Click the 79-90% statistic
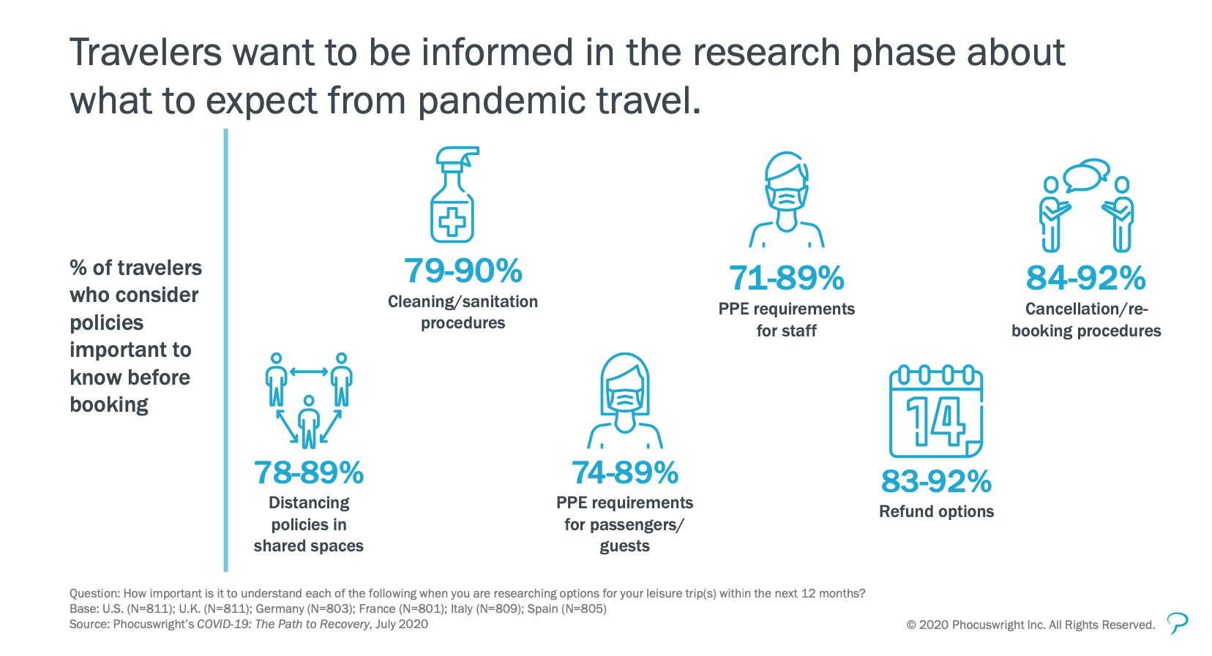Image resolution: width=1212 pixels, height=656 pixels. [x=463, y=271]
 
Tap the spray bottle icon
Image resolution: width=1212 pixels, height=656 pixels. [x=454, y=195]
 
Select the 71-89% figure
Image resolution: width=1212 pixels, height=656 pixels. [x=786, y=278]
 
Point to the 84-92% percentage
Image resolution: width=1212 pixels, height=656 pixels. [x=1086, y=278]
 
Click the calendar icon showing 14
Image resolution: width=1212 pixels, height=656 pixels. [x=936, y=412]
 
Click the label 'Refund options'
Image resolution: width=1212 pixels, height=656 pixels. [x=936, y=511]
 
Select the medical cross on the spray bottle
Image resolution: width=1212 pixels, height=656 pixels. [x=452, y=221]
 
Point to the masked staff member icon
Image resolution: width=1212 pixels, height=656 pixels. [x=787, y=200]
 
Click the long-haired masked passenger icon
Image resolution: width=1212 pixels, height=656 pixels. [x=625, y=401]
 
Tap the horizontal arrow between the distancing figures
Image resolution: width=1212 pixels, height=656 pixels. [x=309, y=372]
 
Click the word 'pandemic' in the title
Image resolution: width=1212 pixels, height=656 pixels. [x=501, y=101]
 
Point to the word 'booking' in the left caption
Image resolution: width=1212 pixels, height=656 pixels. [x=109, y=405]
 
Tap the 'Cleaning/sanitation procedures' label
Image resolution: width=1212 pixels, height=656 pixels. [x=463, y=312]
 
